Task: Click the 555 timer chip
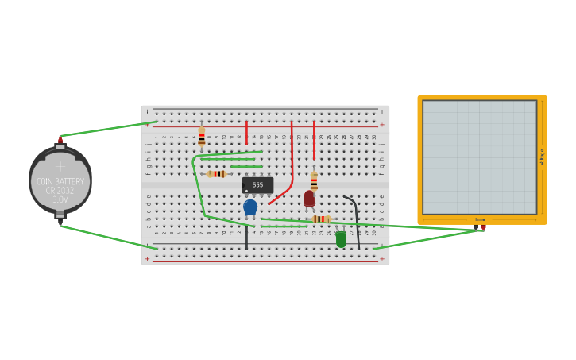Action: point(257,185)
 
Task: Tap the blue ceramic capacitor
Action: point(250,207)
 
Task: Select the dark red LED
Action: point(309,198)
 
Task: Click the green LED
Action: point(341,238)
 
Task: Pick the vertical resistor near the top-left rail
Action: point(202,137)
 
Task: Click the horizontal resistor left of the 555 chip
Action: point(216,174)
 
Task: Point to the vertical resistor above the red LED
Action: point(314,181)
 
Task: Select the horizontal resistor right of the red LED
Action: point(321,219)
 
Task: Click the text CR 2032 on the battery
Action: point(60,191)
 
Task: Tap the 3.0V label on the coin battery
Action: point(60,200)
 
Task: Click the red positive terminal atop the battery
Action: point(60,141)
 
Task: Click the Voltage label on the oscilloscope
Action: point(543,157)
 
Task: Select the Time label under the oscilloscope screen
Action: point(480,219)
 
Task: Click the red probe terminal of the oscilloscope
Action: point(483,228)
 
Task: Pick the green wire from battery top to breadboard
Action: point(107,129)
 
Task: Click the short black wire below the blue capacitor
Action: point(246,236)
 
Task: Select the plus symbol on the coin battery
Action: point(60,167)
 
